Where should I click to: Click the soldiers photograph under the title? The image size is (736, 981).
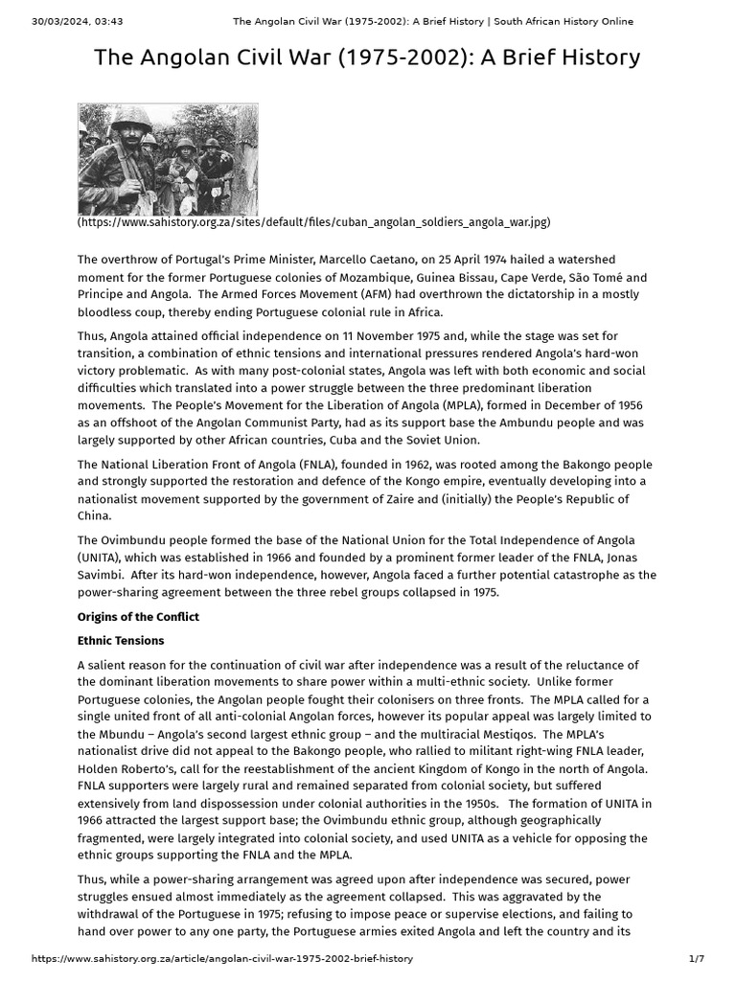168,159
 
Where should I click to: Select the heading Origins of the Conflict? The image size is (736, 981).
138,616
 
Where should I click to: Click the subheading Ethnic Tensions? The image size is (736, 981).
121,641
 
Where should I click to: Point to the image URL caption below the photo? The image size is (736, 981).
314,222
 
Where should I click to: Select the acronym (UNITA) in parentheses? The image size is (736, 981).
101,557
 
